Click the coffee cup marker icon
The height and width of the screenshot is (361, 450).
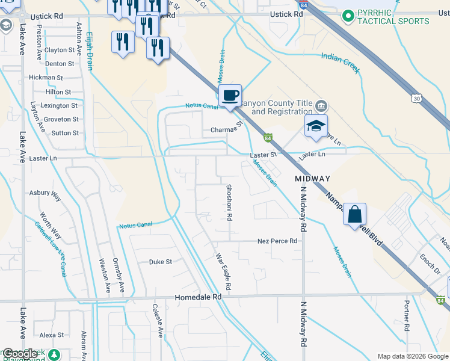pyautogui.click(x=230, y=96)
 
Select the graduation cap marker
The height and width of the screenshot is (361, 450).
pyautogui.click(x=315, y=126)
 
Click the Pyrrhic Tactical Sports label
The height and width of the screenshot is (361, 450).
pyautogui.click(x=393, y=17)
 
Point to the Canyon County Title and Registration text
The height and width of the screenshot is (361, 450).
pyautogui.click(x=282, y=108)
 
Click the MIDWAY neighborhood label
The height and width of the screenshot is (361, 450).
pyautogui.click(x=312, y=179)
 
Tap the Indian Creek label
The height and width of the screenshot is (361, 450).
pyautogui.click(x=340, y=63)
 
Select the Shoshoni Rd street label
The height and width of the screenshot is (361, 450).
pyautogui.click(x=229, y=202)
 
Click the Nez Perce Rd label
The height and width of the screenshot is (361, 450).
pyautogui.click(x=277, y=241)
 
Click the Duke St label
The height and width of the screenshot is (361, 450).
pyautogui.click(x=161, y=262)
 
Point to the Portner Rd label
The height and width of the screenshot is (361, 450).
pyautogui.click(x=407, y=316)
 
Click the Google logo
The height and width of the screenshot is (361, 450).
pyautogui.click(x=20, y=354)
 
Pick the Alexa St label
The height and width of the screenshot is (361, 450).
pyautogui.click(x=52, y=335)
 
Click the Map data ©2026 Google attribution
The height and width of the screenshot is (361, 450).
pyautogui.click(x=412, y=356)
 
